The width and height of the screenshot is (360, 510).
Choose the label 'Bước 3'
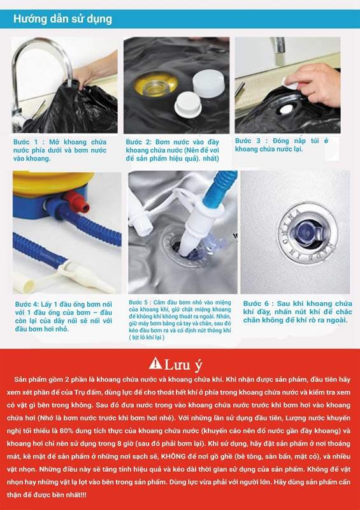coord(248,140)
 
